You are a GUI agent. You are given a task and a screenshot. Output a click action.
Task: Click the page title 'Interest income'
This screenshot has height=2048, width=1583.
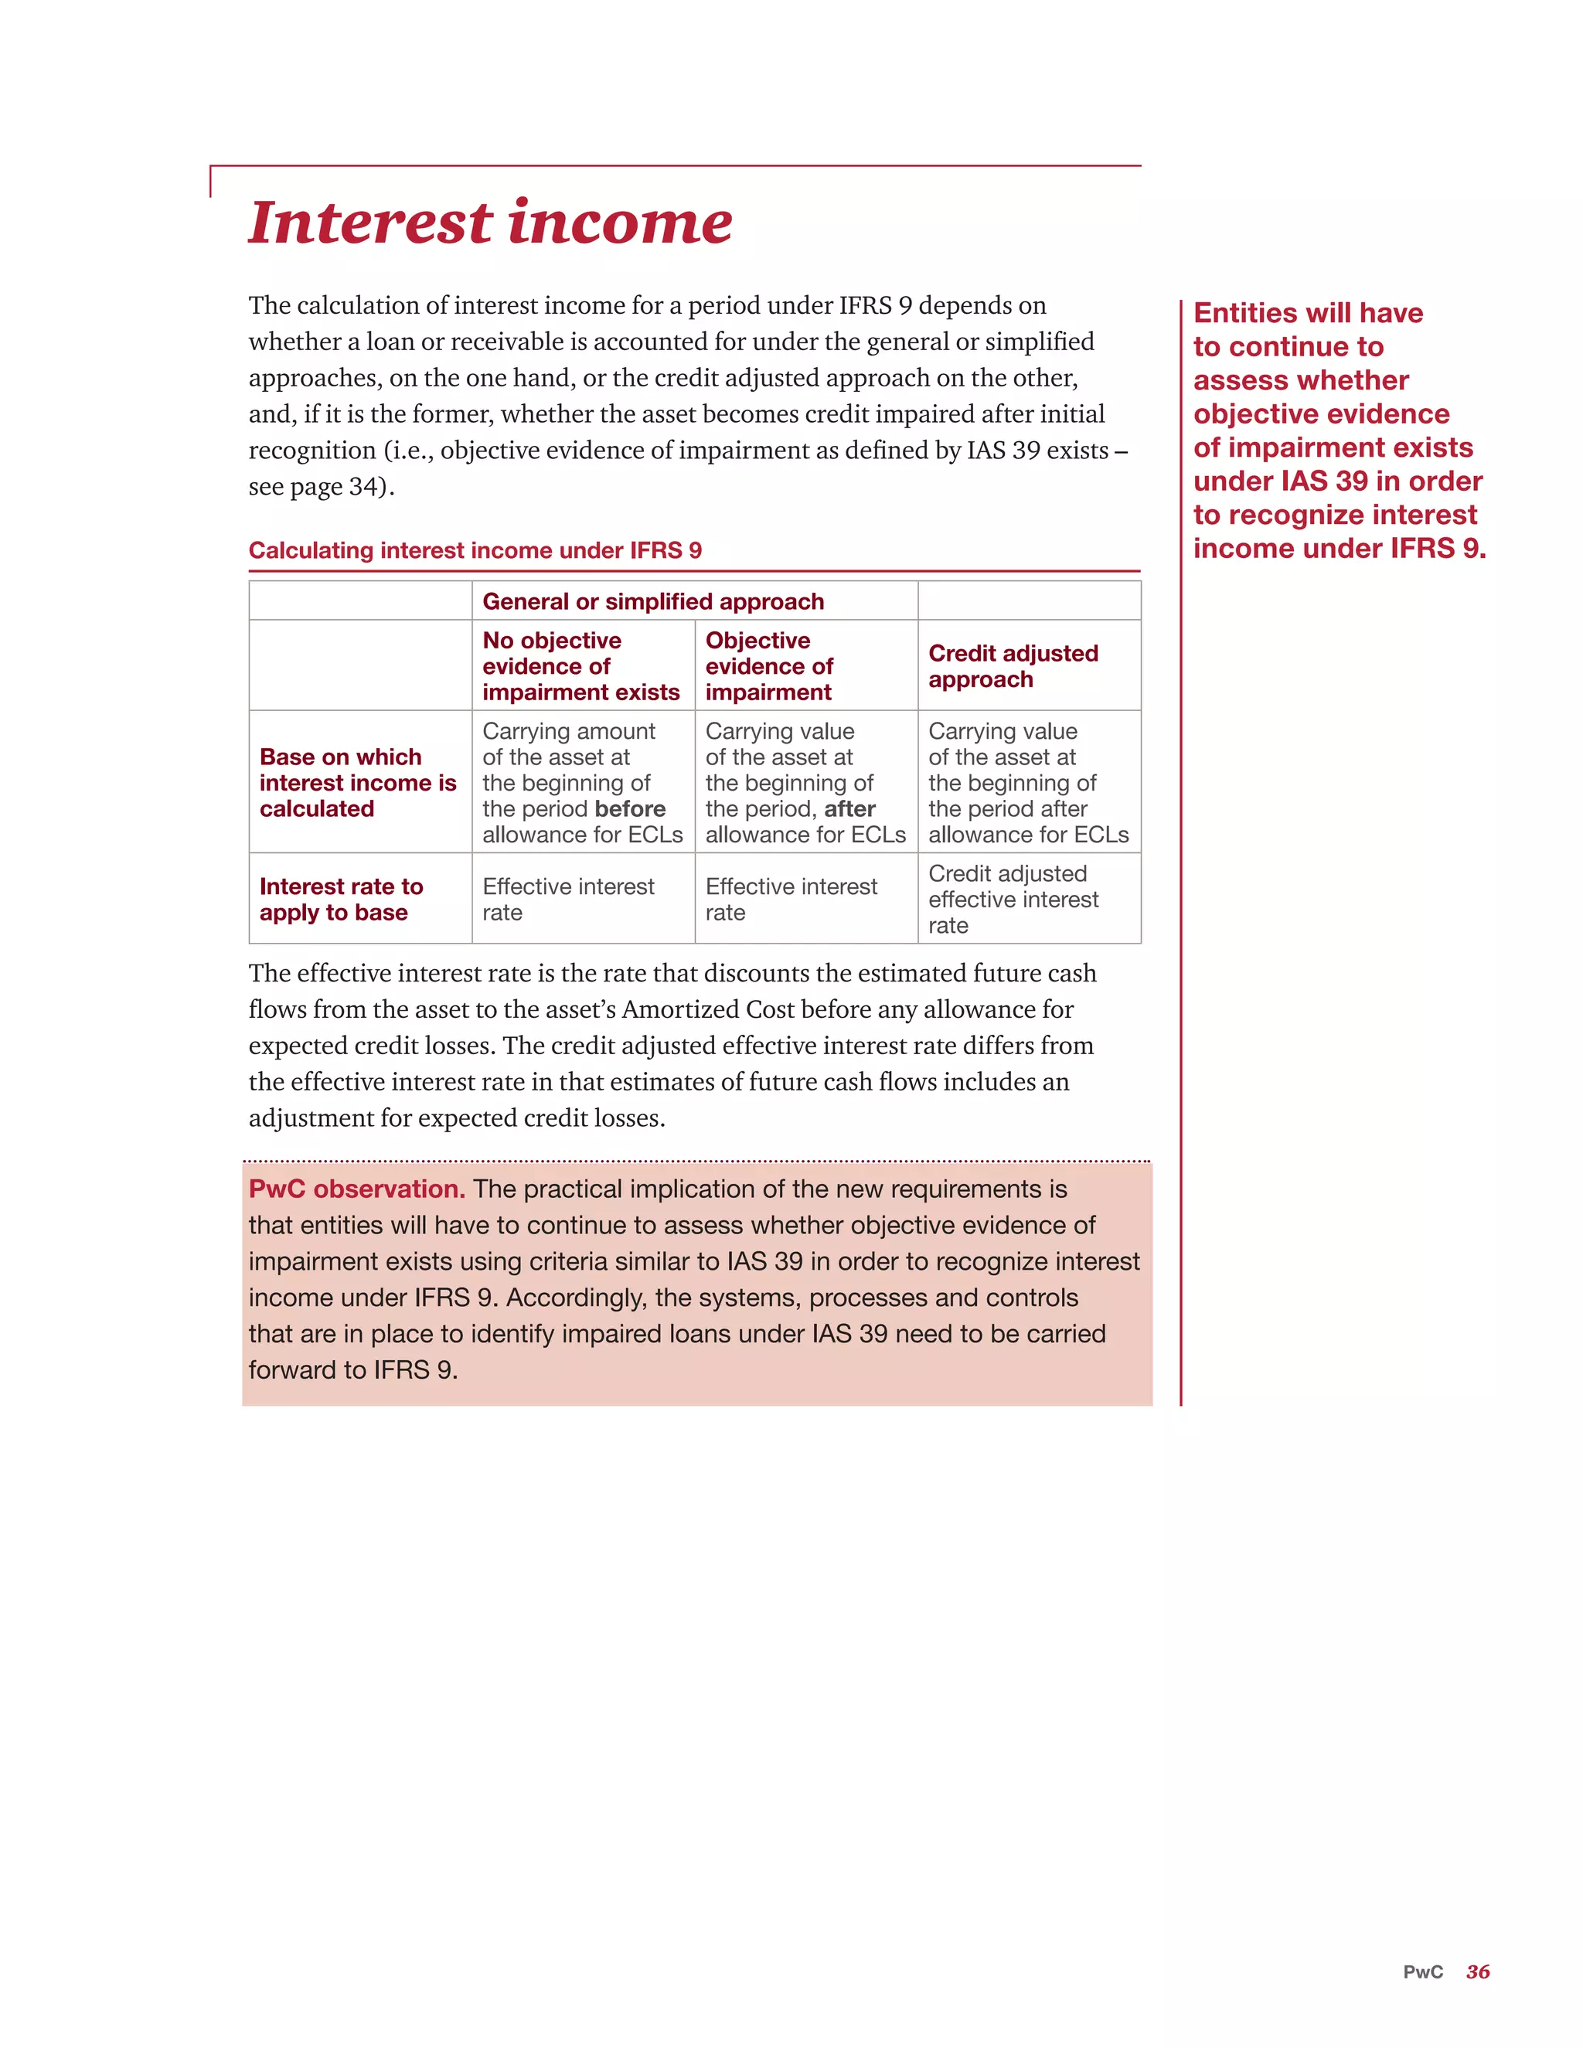tap(489, 223)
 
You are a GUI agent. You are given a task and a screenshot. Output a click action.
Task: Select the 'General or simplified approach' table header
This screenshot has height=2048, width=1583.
tap(652, 602)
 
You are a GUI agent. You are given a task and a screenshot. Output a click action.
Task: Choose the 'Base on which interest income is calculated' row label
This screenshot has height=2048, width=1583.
tap(357, 782)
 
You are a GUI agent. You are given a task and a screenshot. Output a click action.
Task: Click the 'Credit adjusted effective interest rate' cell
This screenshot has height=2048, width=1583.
tap(1013, 900)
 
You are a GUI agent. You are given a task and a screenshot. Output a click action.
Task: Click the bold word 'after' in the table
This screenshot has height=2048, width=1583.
tap(849, 809)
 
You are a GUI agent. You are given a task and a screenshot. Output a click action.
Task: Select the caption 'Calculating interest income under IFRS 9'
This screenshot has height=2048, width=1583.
tap(475, 550)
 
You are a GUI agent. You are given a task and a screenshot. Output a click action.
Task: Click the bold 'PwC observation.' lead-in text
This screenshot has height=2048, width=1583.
tap(356, 1189)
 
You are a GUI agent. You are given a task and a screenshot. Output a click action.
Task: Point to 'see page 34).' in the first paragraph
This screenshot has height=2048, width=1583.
tap(322, 487)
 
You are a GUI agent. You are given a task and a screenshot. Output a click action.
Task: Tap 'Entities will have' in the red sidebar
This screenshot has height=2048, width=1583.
tap(1307, 313)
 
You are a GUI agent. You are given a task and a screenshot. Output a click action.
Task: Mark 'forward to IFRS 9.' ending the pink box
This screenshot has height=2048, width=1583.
tap(352, 1370)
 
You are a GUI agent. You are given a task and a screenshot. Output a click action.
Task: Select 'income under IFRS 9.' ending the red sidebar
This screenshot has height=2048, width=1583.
tap(1340, 549)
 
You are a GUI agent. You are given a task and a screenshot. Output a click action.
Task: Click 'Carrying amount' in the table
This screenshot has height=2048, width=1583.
tap(568, 731)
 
